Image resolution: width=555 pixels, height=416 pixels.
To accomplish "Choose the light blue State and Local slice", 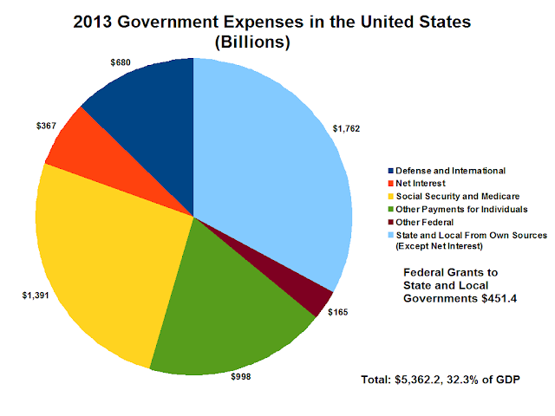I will (x=277, y=165).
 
